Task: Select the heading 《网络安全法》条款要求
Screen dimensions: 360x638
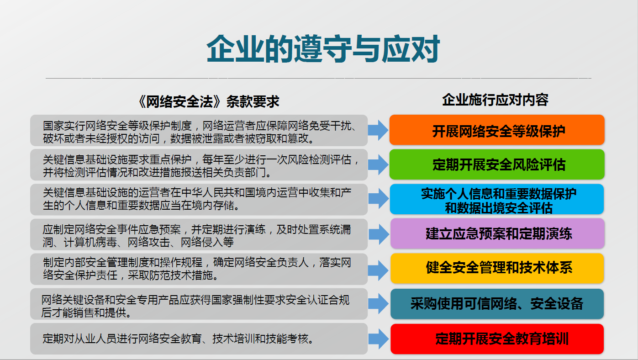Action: click(208, 101)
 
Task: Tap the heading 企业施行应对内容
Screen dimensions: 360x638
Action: click(495, 100)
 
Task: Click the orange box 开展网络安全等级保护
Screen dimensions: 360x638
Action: click(497, 130)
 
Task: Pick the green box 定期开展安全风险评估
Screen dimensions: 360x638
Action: click(497, 164)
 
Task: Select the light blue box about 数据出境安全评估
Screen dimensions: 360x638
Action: click(497, 199)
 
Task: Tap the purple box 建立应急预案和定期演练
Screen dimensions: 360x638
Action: click(497, 233)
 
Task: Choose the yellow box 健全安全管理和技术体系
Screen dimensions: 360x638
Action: click(497, 268)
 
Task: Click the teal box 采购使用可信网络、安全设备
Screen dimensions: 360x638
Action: click(497, 303)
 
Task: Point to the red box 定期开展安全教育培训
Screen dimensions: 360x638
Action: click(497, 339)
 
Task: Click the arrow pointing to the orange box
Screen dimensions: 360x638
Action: click(378, 130)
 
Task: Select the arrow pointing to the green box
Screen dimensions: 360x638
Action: click(378, 164)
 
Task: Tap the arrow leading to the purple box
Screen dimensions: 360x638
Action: click(378, 234)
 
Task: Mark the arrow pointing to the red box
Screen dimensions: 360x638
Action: click(378, 339)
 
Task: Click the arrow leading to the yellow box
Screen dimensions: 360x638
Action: click(378, 269)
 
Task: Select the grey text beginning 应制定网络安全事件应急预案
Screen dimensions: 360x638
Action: click(199, 234)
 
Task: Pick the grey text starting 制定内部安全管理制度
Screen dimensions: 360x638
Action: click(199, 269)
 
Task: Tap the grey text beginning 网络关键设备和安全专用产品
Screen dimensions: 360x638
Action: click(199, 304)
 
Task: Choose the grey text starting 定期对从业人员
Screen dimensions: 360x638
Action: click(178, 339)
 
